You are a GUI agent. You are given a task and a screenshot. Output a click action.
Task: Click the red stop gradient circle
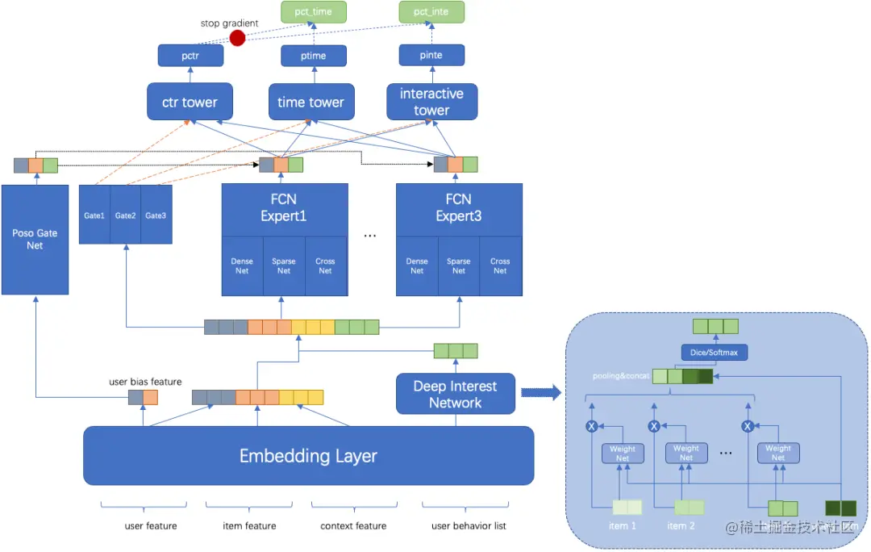(237, 38)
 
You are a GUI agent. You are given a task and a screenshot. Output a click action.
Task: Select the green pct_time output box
(314, 12)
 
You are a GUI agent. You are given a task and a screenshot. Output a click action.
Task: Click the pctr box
(190, 55)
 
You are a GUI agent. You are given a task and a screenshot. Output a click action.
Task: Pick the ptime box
(314, 55)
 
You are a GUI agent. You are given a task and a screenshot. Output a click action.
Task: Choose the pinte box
(431, 55)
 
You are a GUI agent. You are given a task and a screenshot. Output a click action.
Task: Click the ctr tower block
(190, 102)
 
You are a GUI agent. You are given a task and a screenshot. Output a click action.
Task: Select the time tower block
(310, 102)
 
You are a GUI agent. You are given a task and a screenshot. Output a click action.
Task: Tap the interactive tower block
(431, 102)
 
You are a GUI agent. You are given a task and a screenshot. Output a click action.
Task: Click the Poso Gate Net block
(35, 239)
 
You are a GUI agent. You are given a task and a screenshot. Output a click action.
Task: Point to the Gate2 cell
(125, 215)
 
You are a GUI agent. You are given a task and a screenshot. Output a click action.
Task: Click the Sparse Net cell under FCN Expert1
(284, 266)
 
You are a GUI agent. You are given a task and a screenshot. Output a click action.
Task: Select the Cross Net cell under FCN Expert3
(500, 266)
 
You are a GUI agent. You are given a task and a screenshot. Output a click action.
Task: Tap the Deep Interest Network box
(455, 394)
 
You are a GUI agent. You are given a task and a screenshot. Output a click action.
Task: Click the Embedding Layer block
(308, 456)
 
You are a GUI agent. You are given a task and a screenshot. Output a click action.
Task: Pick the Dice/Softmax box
(714, 352)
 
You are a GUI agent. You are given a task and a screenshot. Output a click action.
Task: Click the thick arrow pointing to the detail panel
(540, 393)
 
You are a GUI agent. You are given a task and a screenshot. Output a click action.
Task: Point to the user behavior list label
(468, 526)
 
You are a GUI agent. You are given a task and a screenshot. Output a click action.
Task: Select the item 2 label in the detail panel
(681, 526)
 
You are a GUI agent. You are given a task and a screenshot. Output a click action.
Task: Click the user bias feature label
(145, 381)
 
